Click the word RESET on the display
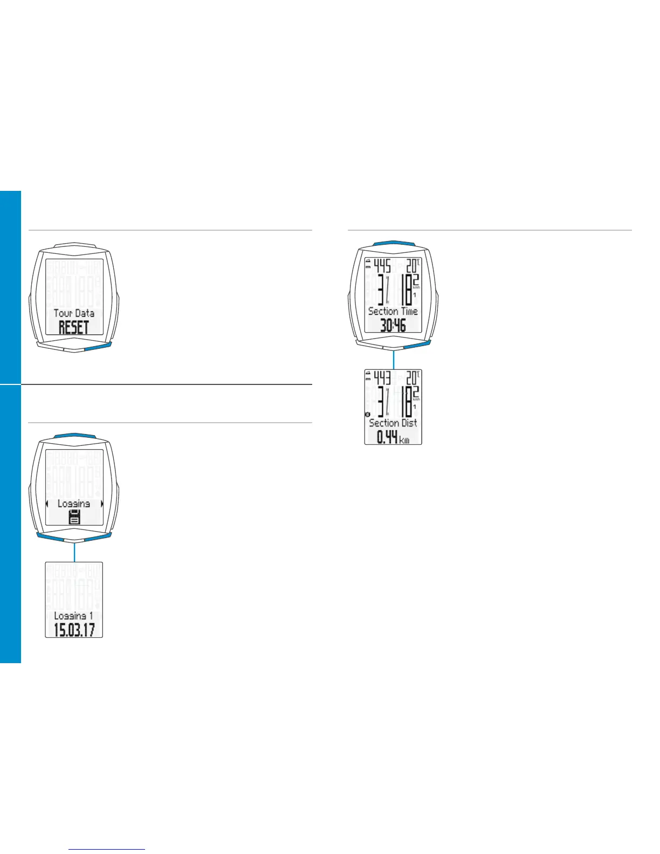tap(74, 327)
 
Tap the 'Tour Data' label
tap(74, 313)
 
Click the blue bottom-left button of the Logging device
tap(50, 537)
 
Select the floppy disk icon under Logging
tap(74, 518)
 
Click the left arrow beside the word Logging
tap(47, 504)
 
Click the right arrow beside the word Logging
tap(101, 504)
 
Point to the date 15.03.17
tap(74, 629)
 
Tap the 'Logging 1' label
tap(74, 616)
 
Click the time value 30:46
tap(393, 325)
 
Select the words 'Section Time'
tap(393, 311)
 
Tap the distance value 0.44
tap(387, 437)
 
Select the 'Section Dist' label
tap(393, 423)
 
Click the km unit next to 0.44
tap(404, 440)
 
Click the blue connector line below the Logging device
tap(74, 552)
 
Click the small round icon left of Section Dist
tap(367, 415)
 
